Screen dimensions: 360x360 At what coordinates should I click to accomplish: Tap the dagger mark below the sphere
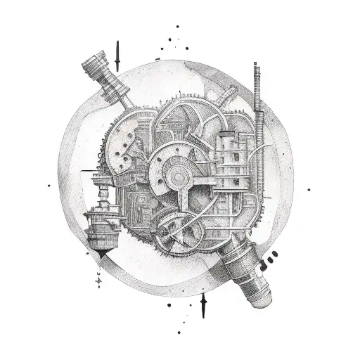click(x=204, y=303)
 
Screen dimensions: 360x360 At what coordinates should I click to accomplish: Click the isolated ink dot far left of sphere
click(x=49, y=186)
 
